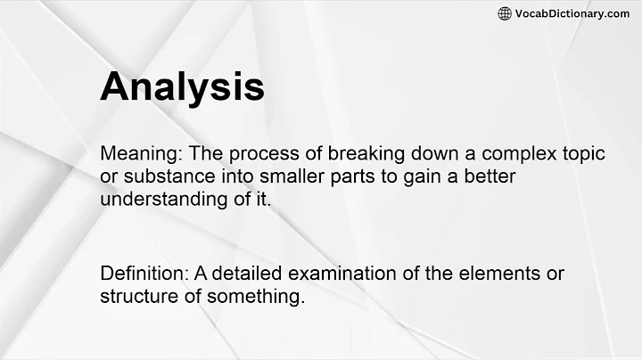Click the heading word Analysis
pyautogui.click(x=182, y=88)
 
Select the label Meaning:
pyautogui.click(x=138, y=154)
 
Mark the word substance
pyautogui.click(x=162, y=177)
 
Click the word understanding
pyautogui.click(x=165, y=200)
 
